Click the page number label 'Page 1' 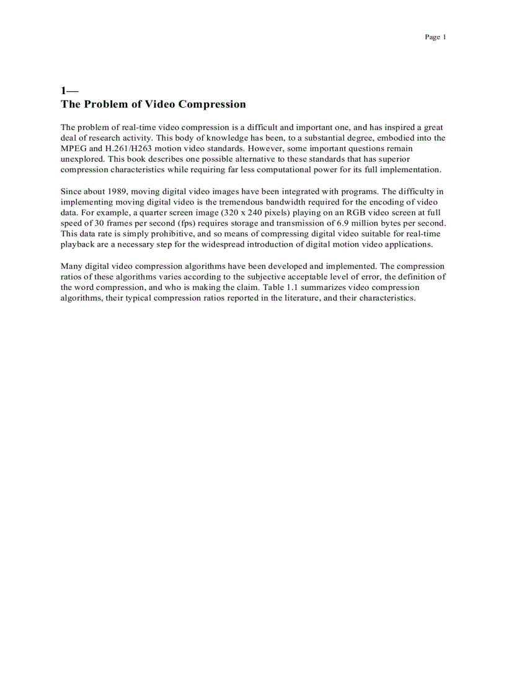point(435,37)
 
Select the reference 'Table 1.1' point(280,287)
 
